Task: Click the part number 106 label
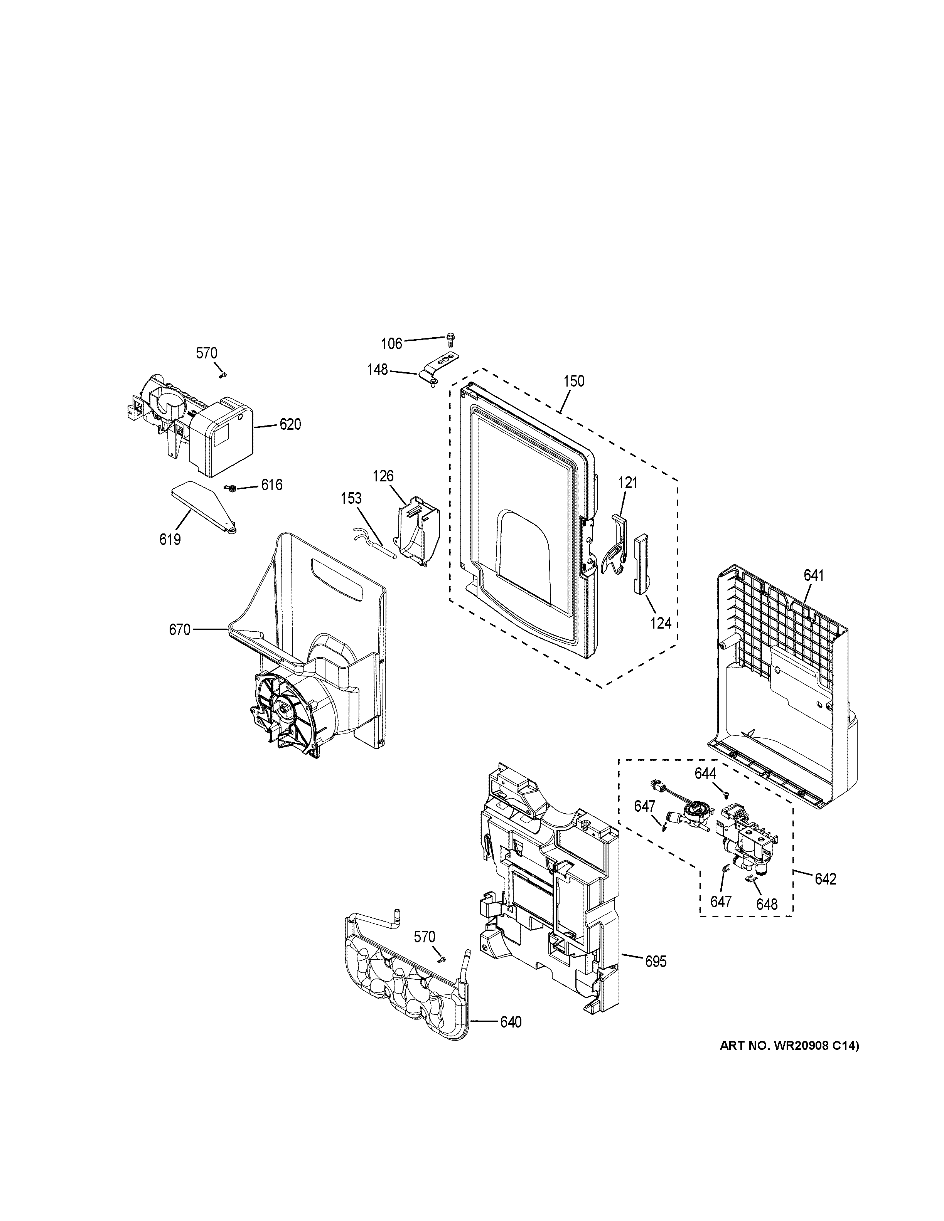[391, 344]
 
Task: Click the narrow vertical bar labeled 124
[640, 562]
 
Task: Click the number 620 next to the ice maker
[290, 425]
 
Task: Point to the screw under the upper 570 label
[222, 375]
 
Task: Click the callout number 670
[180, 630]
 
